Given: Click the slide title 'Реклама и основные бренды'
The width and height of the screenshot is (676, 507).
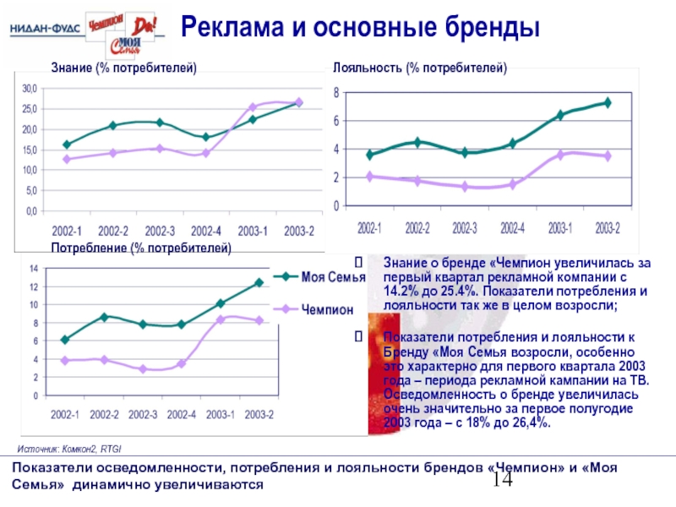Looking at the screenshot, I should [361, 28].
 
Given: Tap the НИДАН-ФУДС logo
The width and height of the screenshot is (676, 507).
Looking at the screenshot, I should [46, 29].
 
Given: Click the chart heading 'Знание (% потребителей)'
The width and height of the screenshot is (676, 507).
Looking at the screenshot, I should [123, 67].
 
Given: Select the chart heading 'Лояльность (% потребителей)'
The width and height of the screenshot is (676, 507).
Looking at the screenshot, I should [420, 67].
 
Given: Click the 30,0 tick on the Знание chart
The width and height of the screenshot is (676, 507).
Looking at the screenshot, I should [30, 89].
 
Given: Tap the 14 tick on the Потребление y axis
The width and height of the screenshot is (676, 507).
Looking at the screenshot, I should [35, 269].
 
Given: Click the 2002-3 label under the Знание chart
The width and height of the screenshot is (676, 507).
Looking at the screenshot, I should [160, 230].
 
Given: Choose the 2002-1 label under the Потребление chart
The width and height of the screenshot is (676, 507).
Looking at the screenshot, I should [65, 414].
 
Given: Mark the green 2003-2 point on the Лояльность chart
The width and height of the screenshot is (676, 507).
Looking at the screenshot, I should [607, 102].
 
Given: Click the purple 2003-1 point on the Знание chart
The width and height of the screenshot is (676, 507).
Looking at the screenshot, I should [253, 107].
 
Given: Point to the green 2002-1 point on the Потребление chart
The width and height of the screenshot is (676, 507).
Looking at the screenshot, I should [65, 340].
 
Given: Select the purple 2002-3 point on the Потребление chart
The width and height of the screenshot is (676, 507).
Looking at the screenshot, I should [144, 369].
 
